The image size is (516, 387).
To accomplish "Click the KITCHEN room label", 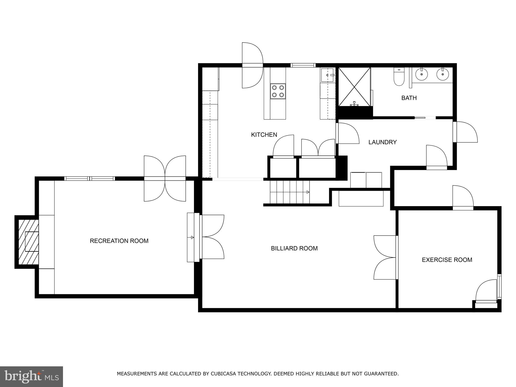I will click(264, 135).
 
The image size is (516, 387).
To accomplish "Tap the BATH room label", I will click(409, 98).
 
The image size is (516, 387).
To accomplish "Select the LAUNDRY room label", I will click(382, 142).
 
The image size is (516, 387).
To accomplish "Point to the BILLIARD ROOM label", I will click(294, 248).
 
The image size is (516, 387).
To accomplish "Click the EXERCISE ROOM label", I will click(447, 260).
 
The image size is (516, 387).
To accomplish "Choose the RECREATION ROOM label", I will click(119, 241).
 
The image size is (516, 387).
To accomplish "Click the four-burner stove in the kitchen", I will click(278, 91).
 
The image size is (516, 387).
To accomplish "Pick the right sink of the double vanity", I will click(443, 74).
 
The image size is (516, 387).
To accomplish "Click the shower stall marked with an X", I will click(354, 87).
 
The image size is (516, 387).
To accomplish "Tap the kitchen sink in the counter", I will click(327, 75).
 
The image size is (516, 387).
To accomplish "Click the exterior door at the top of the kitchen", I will click(252, 66).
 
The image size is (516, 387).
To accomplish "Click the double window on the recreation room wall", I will click(89, 179).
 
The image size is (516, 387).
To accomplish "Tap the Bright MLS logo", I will click(31, 376).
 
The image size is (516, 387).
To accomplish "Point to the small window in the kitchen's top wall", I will click(303, 66).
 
